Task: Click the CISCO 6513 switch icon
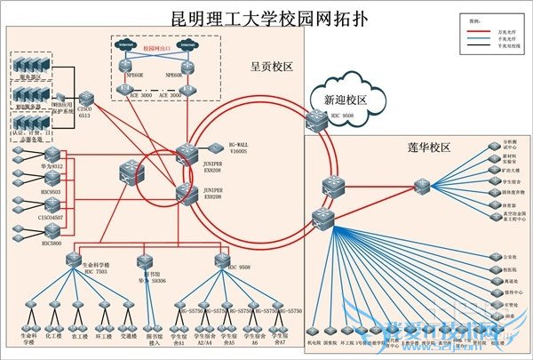[85, 99]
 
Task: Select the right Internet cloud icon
[187, 44]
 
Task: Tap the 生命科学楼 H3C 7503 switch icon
[75, 259]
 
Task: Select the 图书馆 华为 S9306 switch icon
[144, 260]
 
